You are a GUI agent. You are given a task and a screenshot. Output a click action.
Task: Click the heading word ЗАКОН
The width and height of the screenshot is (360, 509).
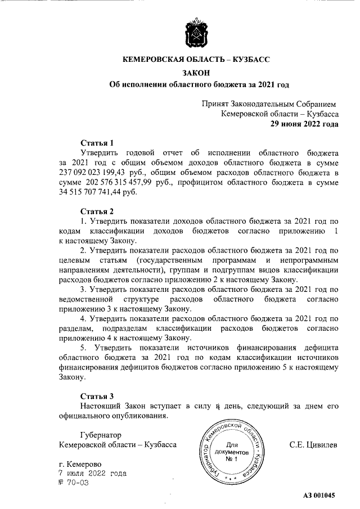click(x=198, y=72)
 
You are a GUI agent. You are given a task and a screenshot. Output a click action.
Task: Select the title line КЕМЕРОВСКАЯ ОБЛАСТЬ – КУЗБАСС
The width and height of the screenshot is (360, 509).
click(x=198, y=59)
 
